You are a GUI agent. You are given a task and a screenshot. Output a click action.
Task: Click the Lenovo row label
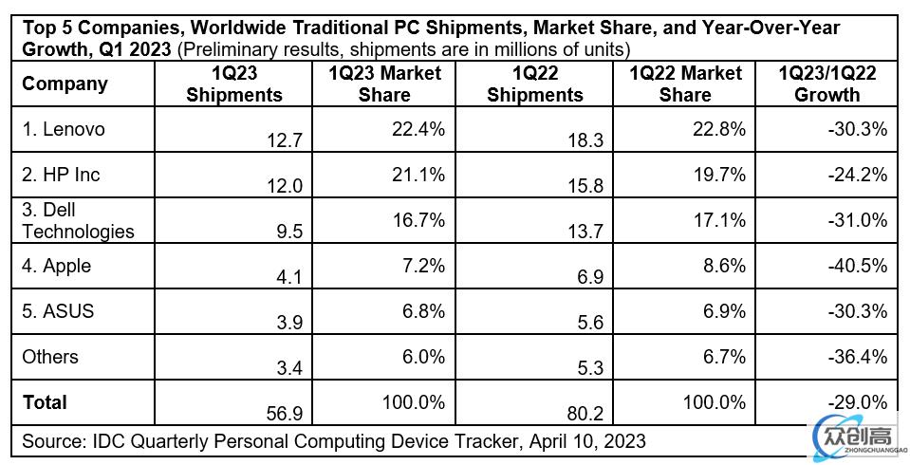pos(64,130)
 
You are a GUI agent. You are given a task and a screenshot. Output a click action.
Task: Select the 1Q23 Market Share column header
pos(384,84)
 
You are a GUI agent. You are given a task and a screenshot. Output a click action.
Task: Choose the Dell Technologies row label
pos(78,220)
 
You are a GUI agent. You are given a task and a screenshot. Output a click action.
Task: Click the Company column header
pos(65,84)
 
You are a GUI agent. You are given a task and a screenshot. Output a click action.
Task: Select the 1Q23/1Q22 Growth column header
pos(826,84)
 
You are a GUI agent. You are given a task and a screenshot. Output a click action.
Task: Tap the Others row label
pos(50,357)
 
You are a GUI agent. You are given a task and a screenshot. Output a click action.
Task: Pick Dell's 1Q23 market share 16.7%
pos(418,220)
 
